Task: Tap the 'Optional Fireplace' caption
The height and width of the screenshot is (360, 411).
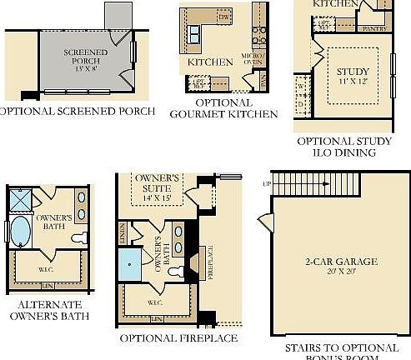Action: click(178, 339)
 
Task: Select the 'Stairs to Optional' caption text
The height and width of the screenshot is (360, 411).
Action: click(341, 347)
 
